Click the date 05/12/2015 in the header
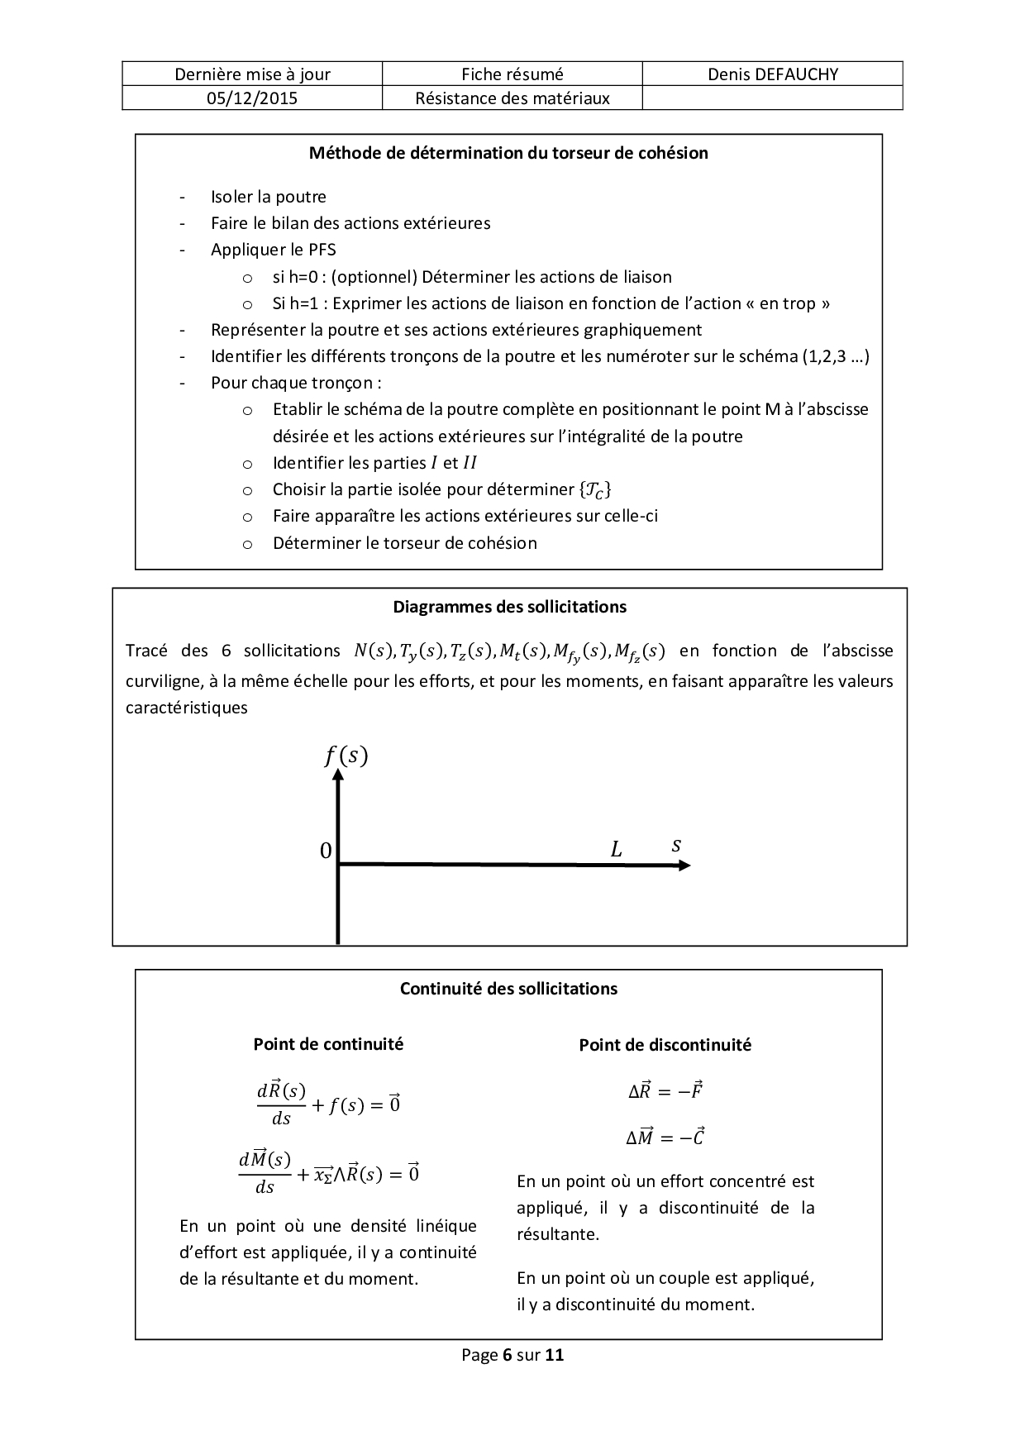(x=252, y=98)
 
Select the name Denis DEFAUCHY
(x=772, y=74)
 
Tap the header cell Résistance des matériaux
(x=512, y=98)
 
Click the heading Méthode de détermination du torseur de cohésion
(x=508, y=153)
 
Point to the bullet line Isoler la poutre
(x=268, y=197)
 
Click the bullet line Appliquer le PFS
(x=273, y=250)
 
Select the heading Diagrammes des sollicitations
(x=509, y=607)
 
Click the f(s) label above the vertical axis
(x=346, y=756)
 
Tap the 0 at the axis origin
(x=326, y=851)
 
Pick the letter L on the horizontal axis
(x=616, y=849)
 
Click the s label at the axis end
(x=676, y=845)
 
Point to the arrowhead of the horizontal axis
(x=683, y=866)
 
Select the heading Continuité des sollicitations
(x=508, y=989)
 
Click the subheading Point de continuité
(x=328, y=1044)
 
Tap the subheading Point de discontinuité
(x=665, y=1045)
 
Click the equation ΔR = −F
(x=665, y=1091)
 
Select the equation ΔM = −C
(x=665, y=1138)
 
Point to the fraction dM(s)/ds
(x=265, y=1172)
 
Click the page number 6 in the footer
(x=506, y=1355)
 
